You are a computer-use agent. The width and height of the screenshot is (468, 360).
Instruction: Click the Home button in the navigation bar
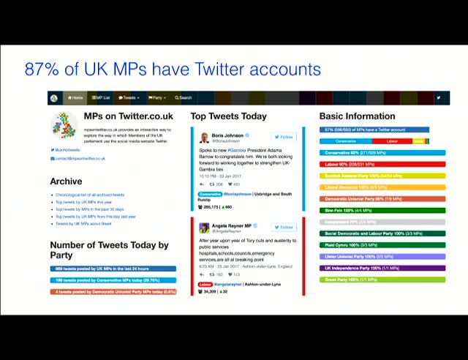point(75,97)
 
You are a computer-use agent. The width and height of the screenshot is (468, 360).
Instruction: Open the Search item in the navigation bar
point(184,97)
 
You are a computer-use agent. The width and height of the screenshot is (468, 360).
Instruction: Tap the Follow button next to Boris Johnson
point(283,137)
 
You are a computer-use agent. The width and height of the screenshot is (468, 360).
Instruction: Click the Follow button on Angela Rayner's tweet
point(283,228)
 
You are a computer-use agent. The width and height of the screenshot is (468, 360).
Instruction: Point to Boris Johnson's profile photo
point(205,138)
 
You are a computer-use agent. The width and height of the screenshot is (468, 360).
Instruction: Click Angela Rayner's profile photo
point(205,228)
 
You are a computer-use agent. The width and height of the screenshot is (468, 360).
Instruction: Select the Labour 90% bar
point(382,164)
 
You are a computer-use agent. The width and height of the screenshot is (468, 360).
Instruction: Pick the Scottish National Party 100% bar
point(382,176)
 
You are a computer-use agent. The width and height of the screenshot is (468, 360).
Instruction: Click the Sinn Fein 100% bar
point(382,210)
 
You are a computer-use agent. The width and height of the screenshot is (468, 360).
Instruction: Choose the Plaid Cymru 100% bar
point(382,245)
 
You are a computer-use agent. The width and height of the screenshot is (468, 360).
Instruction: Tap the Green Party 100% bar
point(382,280)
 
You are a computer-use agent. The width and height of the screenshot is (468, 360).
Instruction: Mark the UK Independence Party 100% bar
point(382,268)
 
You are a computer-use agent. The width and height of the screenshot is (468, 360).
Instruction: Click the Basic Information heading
point(357,116)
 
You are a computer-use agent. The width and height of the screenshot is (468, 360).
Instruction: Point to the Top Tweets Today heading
point(228,116)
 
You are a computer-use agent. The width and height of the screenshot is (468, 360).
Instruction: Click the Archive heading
point(66,181)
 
